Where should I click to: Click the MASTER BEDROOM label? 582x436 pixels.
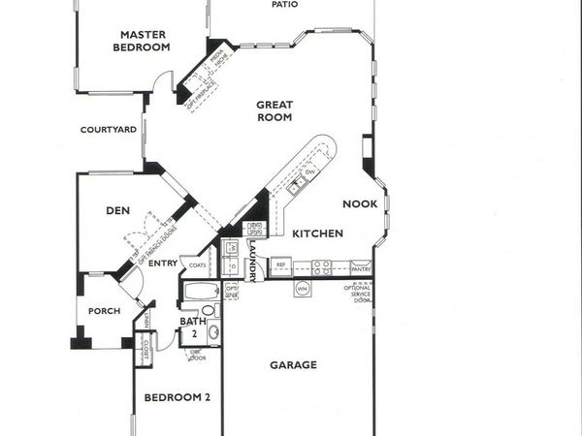(x=142, y=40)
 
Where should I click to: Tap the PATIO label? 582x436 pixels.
(x=284, y=5)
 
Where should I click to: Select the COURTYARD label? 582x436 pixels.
(x=108, y=129)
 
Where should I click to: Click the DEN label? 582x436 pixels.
(x=118, y=209)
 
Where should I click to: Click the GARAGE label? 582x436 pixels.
(x=293, y=365)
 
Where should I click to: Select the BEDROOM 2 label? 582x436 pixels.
(x=178, y=397)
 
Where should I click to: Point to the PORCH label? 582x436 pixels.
(x=104, y=311)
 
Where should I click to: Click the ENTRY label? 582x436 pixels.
(x=163, y=263)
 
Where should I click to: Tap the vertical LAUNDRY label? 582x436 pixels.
(x=252, y=262)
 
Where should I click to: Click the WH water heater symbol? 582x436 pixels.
(x=301, y=288)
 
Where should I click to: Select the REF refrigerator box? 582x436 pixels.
(x=280, y=264)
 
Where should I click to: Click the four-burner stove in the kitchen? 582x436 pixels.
(x=321, y=265)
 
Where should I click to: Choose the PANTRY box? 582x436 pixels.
(x=361, y=264)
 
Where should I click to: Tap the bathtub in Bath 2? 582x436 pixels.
(x=202, y=291)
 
